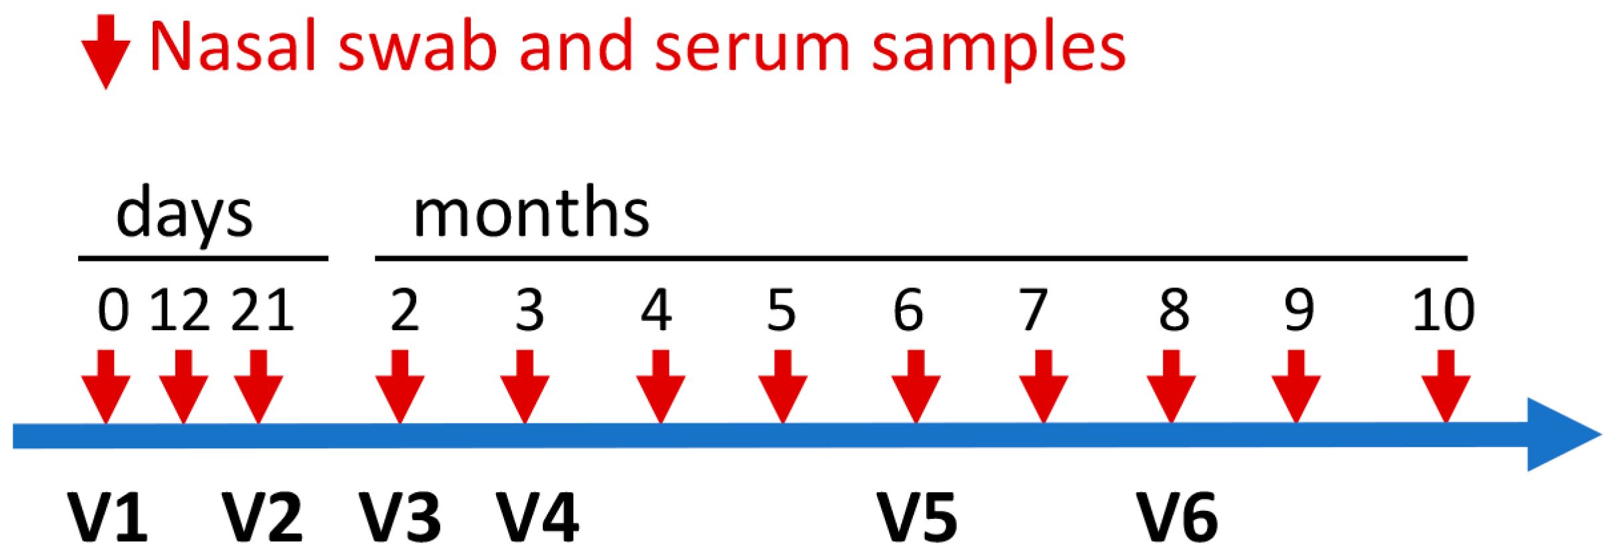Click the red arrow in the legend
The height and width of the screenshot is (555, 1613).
[x=105, y=52]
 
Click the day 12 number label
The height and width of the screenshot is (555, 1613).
[x=179, y=310]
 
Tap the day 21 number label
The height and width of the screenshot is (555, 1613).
[x=262, y=310]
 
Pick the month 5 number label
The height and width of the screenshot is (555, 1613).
[x=781, y=310]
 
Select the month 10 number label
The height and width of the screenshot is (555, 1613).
[x=1443, y=310]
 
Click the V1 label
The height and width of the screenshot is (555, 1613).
[x=107, y=518]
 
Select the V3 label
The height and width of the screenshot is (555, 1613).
[x=399, y=518]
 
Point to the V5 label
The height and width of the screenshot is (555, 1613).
[x=917, y=518]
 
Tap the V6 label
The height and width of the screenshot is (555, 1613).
[x=1177, y=518]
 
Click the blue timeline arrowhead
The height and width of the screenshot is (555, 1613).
[x=1560, y=434]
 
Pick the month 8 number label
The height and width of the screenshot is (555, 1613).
[x=1174, y=310]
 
